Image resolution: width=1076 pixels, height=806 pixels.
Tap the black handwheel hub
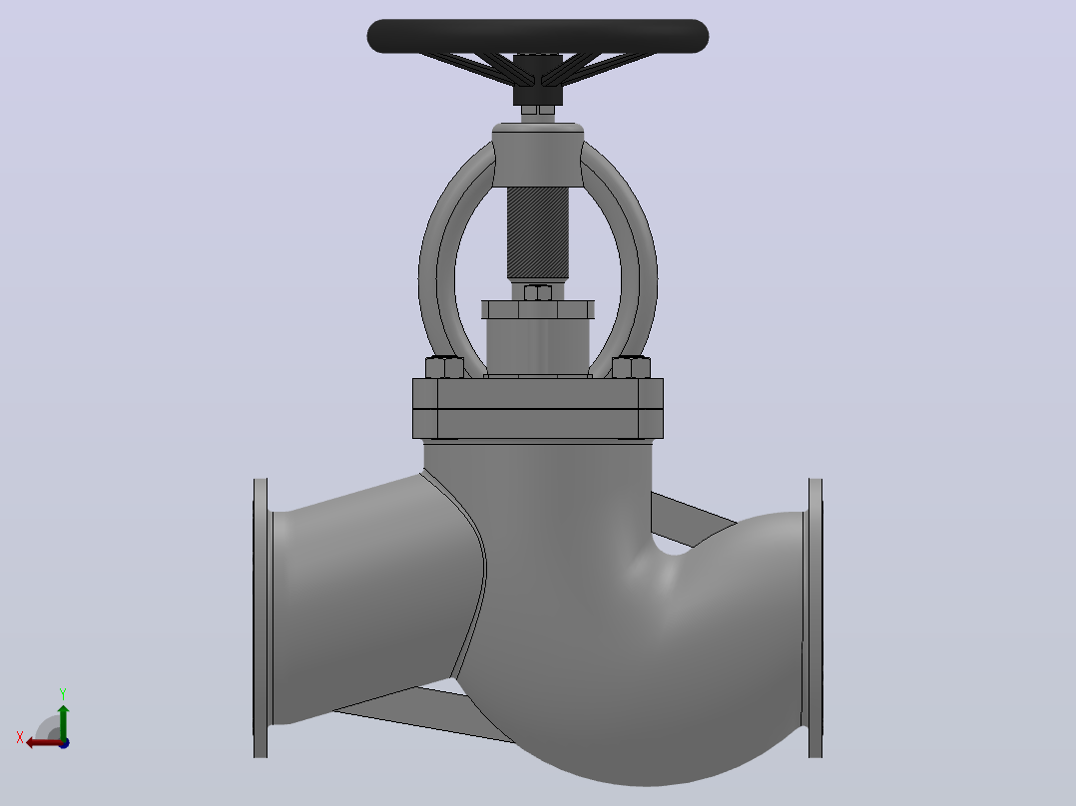coord(537,80)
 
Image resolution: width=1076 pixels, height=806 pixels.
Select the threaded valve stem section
coord(537,233)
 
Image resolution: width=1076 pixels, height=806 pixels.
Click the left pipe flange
coord(261,618)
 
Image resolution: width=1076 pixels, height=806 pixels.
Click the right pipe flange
coord(815,618)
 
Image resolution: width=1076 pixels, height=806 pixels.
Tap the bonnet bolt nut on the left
coord(445,368)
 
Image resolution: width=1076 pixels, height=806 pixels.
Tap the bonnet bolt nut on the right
coord(631,368)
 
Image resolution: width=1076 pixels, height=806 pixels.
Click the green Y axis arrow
coord(63,722)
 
